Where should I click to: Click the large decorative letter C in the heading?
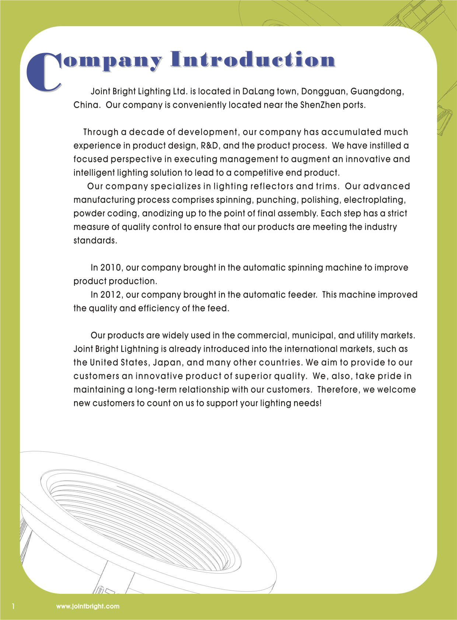43,72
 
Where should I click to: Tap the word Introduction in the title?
253,60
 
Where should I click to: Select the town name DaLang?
258,91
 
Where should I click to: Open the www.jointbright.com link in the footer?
88,606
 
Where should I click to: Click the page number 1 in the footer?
14,606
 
